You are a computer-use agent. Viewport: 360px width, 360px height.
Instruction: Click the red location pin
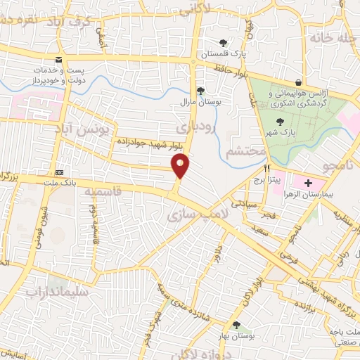tap(181, 166)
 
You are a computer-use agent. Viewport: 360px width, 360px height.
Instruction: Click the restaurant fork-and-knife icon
tap(266, 169)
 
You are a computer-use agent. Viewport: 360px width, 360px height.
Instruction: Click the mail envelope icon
tap(58, 60)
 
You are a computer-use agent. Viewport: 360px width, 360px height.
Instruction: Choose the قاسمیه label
tap(103, 191)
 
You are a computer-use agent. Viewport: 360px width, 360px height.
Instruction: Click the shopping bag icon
tap(300, 83)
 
